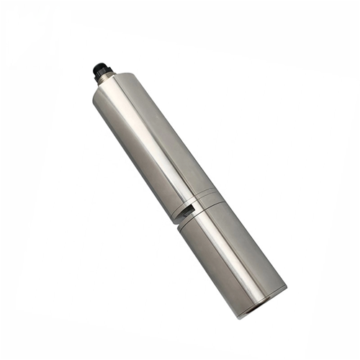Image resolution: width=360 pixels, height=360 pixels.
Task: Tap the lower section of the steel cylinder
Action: pos(230,259)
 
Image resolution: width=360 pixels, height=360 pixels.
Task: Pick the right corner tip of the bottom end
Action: pos(286,287)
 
